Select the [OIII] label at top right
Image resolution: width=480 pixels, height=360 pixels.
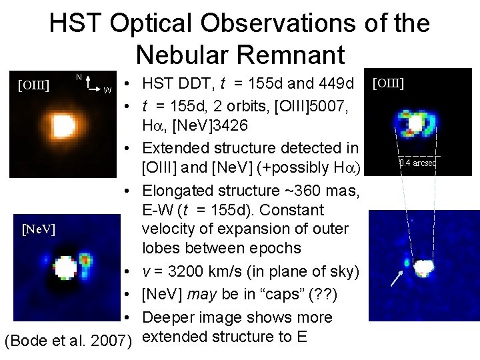tap(389, 83)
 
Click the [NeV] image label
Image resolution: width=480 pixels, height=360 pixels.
tap(38, 230)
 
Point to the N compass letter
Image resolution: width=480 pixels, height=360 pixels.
tap(79, 77)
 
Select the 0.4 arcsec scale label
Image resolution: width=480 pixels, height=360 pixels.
tap(417, 162)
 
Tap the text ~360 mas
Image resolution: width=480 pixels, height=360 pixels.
tap(326, 192)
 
